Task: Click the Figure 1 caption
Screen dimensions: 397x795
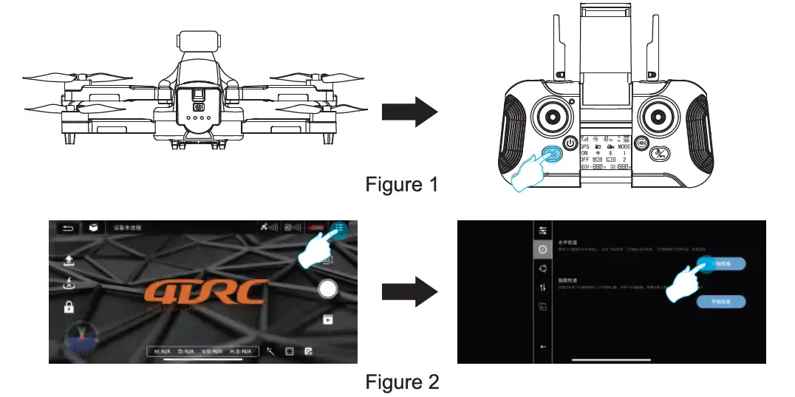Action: pyautogui.click(x=401, y=184)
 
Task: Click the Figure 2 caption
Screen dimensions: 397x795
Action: pyautogui.click(x=401, y=382)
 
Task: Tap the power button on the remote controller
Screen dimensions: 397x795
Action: pyautogui.click(x=570, y=143)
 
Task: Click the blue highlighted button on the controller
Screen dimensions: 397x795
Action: pyautogui.click(x=551, y=155)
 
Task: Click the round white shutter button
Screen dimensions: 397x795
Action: pyautogui.click(x=328, y=289)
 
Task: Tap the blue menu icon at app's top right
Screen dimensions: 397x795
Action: pyautogui.click(x=339, y=228)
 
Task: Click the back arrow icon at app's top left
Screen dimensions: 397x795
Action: pyautogui.click(x=69, y=228)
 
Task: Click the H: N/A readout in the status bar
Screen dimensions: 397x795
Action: pyautogui.click(x=163, y=352)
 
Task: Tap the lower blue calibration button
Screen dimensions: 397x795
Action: pyautogui.click(x=720, y=302)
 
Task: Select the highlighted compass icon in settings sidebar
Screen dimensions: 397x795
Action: pyautogui.click(x=542, y=249)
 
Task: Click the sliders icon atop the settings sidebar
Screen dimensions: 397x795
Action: pyautogui.click(x=542, y=230)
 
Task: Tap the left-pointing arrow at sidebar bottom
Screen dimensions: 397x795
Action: pyautogui.click(x=543, y=346)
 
